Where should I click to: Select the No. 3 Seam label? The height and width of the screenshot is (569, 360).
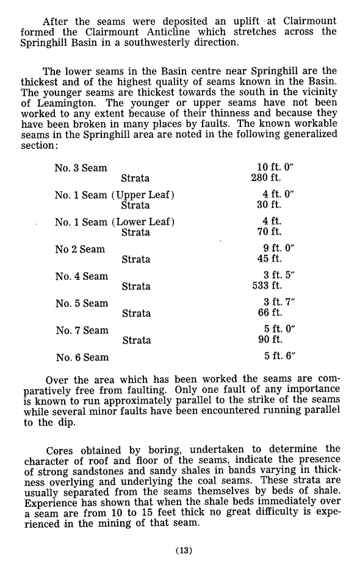pos(81,168)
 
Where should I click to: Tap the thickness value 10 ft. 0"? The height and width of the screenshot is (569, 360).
pos(276,168)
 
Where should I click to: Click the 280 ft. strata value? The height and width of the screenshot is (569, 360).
pos(266,178)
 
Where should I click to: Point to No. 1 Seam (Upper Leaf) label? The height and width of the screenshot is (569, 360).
pos(115,195)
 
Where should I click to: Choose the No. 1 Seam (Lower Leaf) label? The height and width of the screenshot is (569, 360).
pos(115,222)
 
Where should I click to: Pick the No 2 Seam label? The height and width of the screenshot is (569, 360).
pos(79,249)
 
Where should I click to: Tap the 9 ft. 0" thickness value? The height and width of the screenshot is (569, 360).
pos(278,249)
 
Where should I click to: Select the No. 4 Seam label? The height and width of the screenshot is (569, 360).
pos(82,276)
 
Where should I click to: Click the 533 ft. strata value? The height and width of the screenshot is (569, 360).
pos(267,286)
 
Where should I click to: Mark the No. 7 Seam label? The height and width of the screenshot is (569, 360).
pos(82,330)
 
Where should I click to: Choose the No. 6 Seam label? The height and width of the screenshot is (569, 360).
pos(82,357)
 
